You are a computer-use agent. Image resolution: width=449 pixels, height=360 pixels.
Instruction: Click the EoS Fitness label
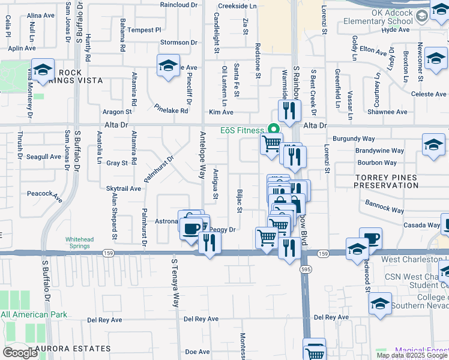242,130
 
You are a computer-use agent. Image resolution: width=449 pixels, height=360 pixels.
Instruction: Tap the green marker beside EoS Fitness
274,129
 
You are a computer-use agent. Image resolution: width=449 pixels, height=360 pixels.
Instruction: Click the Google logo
20,353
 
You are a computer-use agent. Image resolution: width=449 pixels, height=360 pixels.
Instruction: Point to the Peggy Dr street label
221,229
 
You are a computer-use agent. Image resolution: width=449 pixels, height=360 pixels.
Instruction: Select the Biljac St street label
238,202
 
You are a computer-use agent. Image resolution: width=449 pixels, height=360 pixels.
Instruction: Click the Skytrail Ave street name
124,188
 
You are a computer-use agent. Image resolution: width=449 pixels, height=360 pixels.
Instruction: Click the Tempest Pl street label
145,29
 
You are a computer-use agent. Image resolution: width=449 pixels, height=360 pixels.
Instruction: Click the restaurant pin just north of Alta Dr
289,110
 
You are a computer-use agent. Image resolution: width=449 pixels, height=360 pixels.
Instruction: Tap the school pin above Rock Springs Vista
43,69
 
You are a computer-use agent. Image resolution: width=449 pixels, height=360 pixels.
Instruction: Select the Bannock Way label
385,206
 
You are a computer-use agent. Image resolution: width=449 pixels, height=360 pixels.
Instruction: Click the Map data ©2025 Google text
411,355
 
